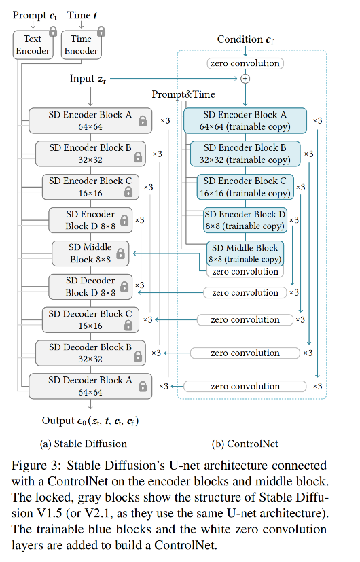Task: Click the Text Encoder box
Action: click(32, 45)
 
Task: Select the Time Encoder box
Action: click(81, 45)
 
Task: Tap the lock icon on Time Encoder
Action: click(101, 32)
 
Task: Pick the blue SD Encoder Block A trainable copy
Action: click(246, 120)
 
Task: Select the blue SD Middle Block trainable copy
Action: click(245, 253)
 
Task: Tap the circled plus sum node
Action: click(245, 79)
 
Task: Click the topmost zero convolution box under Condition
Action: click(245, 63)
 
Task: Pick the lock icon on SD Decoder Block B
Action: click(137, 355)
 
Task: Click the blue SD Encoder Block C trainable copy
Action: click(245, 187)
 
